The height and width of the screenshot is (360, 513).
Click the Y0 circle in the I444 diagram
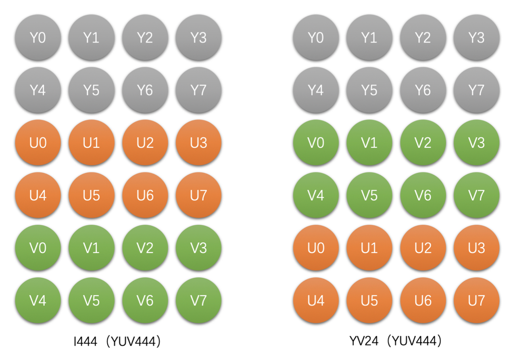pyautogui.click(x=38, y=38)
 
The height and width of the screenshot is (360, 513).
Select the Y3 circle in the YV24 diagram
pyautogui.click(x=477, y=38)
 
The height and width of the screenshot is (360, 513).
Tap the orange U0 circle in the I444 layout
pyautogui.click(x=38, y=143)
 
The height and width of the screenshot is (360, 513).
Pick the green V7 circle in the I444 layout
pyautogui.click(x=198, y=301)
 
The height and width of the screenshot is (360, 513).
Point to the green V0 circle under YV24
pyautogui.click(x=316, y=143)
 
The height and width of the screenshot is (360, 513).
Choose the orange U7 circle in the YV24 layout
pyautogui.click(x=477, y=301)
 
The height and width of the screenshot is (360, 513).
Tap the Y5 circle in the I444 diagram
pyautogui.click(x=92, y=90)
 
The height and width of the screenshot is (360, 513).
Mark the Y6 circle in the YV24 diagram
pyautogui.click(x=423, y=90)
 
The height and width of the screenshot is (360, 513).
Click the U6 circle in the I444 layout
pyautogui.click(x=145, y=195)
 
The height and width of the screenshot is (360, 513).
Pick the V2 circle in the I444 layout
pyautogui.click(x=145, y=248)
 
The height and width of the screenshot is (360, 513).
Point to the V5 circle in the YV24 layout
pyautogui.click(x=369, y=195)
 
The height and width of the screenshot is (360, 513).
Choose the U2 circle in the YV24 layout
pyautogui.click(x=423, y=248)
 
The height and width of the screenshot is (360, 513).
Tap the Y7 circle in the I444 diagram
pyautogui.click(x=198, y=90)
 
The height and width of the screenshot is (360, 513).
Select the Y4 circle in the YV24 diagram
pyautogui.click(x=316, y=90)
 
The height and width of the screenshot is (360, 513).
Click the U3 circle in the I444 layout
pyautogui.click(x=198, y=143)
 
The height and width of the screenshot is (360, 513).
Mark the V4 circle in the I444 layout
pyautogui.click(x=38, y=301)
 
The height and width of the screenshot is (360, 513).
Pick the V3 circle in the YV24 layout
pyautogui.click(x=477, y=143)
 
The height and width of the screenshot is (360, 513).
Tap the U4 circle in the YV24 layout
pyautogui.click(x=316, y=301)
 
